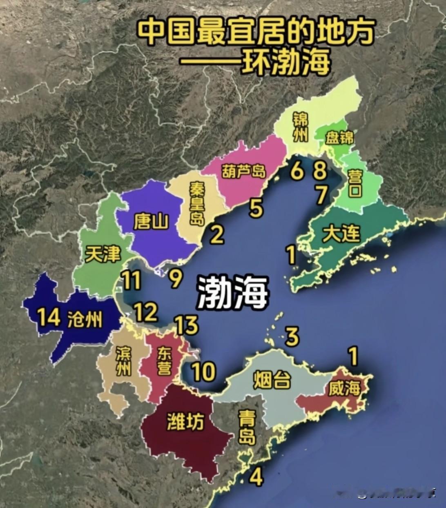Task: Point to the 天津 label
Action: tap(103, 255)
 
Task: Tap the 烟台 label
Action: tap(272, 380)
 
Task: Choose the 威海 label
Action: tap(345, 389)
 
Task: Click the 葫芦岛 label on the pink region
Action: tap(243, 171)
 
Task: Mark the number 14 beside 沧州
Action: tap(49, 317)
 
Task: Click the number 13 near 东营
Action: tap(187, 325)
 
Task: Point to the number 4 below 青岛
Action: tap(256, 476)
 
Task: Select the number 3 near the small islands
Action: tap(292, 336)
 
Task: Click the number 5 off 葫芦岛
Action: tap(256, 209)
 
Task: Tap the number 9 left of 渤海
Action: tap(175, 279)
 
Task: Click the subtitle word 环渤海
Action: tap(284, 62)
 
